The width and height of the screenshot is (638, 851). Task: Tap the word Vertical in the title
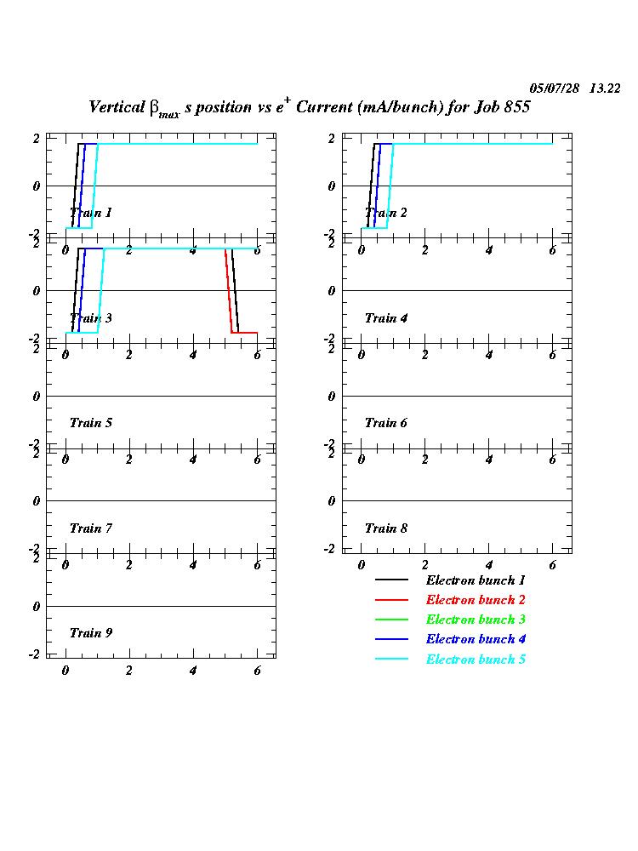(x=117, y=108)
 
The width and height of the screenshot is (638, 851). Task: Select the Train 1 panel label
(x=90, y=213)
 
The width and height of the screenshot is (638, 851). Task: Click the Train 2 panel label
(x=385, y=213)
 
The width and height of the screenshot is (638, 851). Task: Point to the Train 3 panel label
(x=90, y=318)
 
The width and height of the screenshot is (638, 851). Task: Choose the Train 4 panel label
(x=385, y=318)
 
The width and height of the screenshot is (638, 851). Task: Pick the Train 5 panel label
(x=90, y=423)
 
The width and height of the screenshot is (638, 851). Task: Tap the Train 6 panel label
(x=385, y=423)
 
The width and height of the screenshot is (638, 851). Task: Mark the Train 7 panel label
(x=90, y=528)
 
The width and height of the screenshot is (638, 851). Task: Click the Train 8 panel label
(x=385, y=528)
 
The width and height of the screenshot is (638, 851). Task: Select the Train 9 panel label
(x=90, y=633)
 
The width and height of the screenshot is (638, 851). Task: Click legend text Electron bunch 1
(x=476, y=580)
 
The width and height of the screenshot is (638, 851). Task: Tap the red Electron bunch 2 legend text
(x=476, y=600)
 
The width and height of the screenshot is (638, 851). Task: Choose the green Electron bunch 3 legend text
(x=476, y=620)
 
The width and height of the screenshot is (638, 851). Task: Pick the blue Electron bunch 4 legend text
(x=476, y=639)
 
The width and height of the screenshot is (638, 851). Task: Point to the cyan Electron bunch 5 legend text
(x=476, y=660)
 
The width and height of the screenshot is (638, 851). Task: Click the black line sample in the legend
(x=391, y=580)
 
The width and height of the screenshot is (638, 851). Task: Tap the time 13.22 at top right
(x=605, y=88)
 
